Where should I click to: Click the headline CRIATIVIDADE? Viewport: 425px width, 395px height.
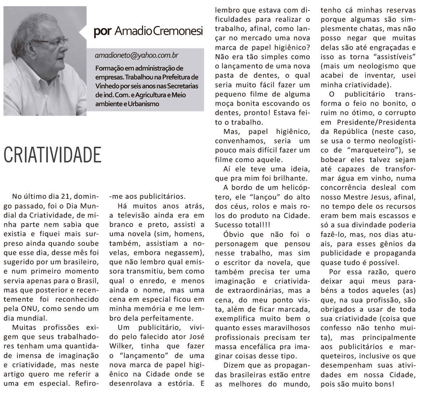pyautogui.click(x=52, y=154)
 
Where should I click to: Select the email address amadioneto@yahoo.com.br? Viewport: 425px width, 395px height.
pyautogui.click(x=137, y=56)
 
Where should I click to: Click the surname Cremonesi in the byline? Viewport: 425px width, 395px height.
pyautogui.click(x=178, y=32)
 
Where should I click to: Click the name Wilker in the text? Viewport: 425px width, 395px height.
pyautogui.click(x=121, y=346)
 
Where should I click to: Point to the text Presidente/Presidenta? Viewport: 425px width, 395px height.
pyautogui.click(x=375, y=122)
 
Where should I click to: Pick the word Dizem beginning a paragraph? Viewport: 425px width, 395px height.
pyautogui.click(x=235, y=365)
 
